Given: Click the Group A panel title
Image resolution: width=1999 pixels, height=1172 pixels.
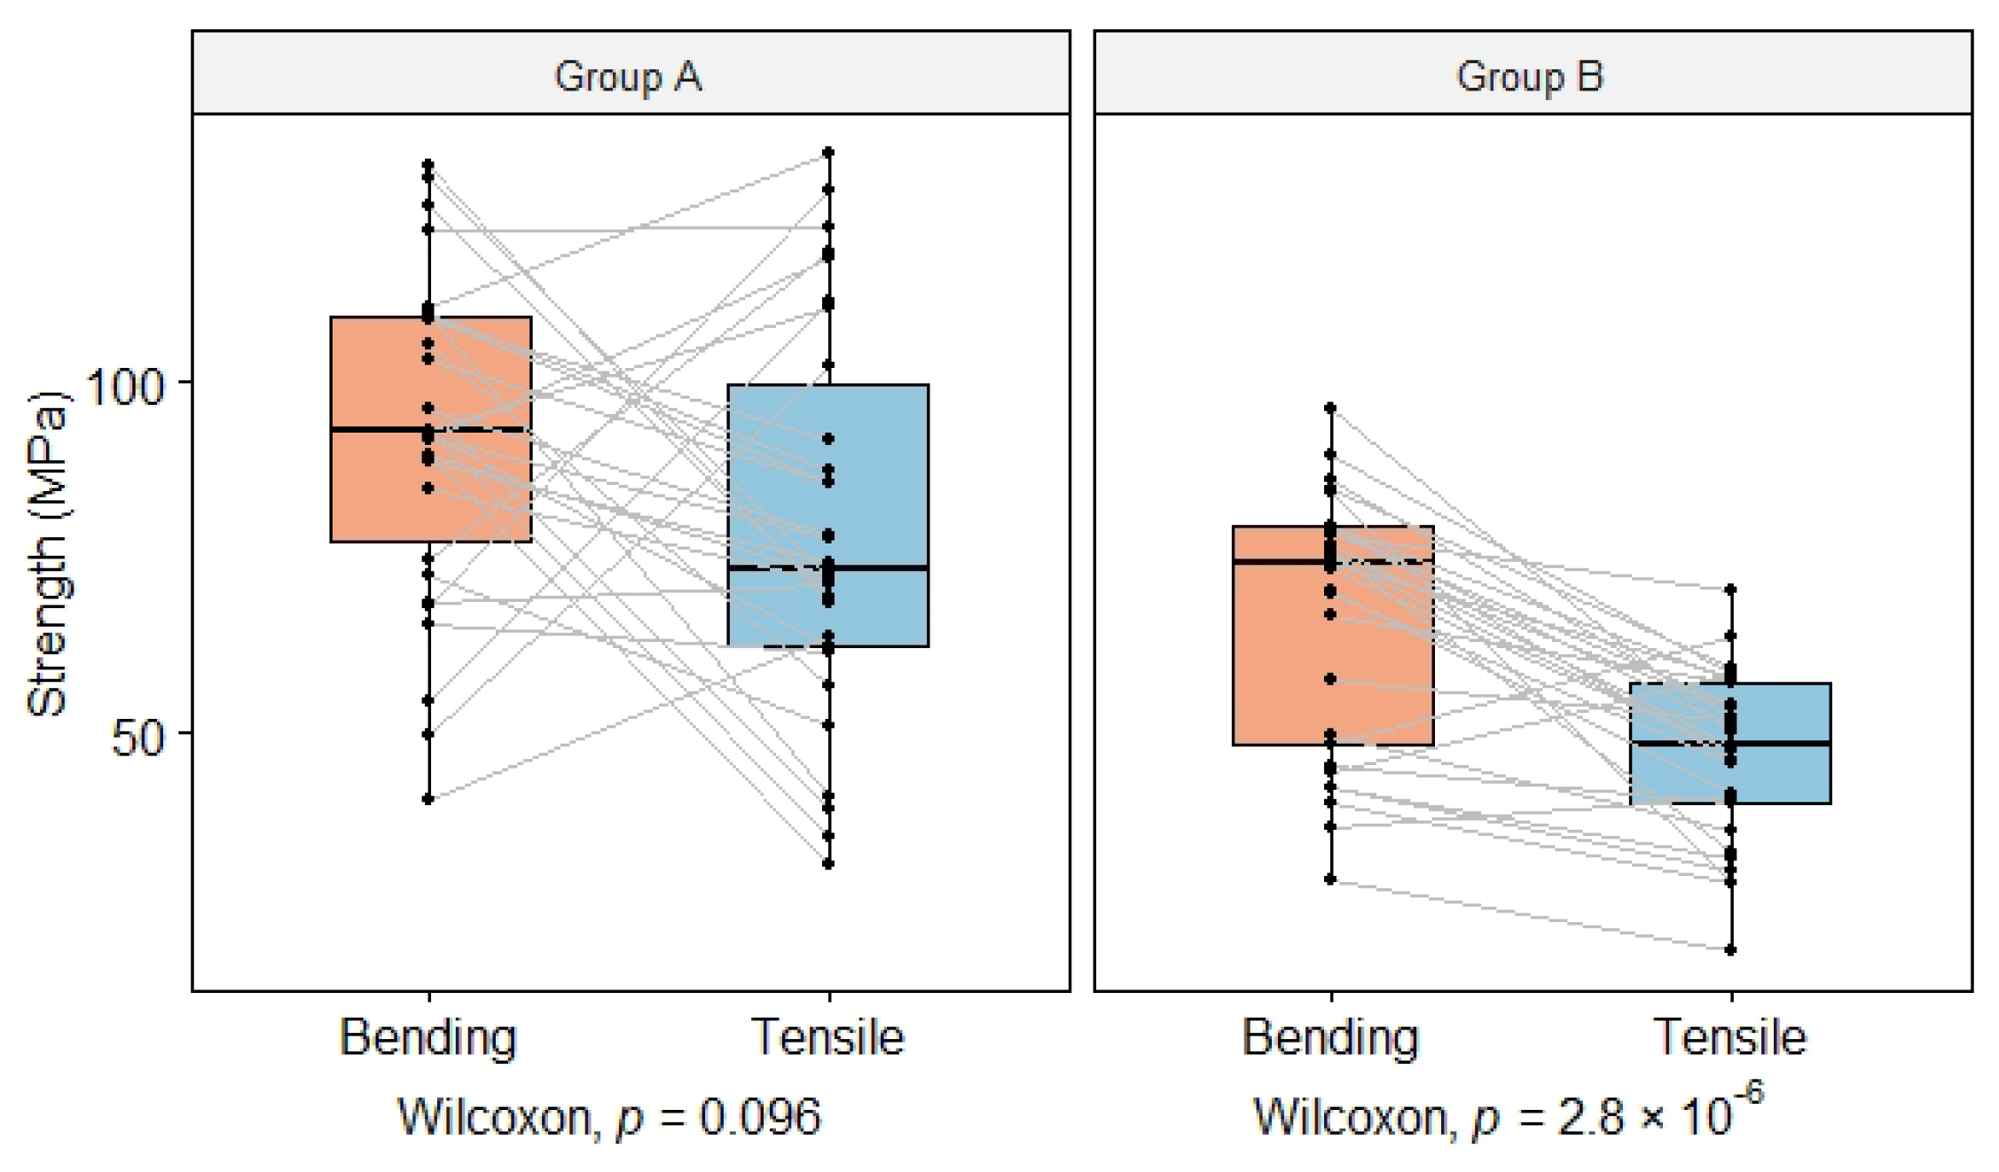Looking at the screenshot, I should coord(628,76).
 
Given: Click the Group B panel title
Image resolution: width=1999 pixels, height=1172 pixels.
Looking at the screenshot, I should coord(1530,76).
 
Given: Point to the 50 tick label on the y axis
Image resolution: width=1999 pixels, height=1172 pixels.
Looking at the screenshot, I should coord(138,737).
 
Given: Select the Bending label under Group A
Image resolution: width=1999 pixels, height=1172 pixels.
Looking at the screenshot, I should coord(428,1036).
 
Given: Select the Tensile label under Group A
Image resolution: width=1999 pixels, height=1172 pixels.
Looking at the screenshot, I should coord(827,1036).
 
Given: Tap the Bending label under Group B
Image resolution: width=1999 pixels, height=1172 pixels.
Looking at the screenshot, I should coord(1330,1036).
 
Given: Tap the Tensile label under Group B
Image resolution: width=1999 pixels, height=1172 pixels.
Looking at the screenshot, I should coord(1729,1036).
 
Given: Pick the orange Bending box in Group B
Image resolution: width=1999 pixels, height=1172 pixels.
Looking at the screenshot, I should coord(1277,674).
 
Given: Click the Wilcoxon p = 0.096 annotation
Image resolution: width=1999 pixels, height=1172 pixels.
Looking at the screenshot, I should coord(609,1116).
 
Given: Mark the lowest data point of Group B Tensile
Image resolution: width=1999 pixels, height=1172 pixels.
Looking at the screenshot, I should coord(1730,949).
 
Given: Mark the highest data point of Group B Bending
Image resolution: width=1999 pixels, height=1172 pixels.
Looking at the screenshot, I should coord(1330,408).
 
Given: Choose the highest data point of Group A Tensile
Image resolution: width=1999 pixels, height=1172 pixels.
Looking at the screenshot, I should coord(828,152).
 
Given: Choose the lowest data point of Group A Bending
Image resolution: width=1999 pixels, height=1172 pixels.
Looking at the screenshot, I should coord(428,799).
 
